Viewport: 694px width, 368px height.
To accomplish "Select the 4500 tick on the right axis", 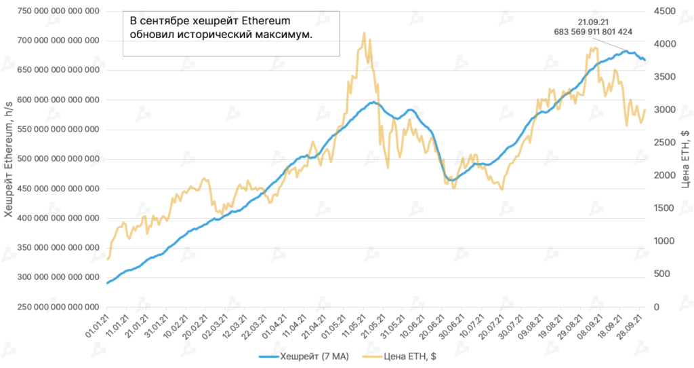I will tap(666, 12).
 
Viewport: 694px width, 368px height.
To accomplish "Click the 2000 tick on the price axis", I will tap(666, 175).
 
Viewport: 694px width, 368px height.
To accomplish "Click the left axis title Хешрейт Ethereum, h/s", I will tap(9, 160).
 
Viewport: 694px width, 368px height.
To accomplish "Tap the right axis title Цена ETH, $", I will tap(685, 160).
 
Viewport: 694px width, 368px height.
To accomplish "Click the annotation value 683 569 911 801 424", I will tap(593, 31).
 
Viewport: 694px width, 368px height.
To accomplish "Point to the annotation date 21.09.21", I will tap(593, 21).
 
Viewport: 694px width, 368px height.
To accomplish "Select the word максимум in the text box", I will tap(284, 34).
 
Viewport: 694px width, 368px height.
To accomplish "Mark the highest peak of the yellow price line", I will tap(365, 33).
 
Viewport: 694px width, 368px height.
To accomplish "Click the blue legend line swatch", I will tap(268, 356).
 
